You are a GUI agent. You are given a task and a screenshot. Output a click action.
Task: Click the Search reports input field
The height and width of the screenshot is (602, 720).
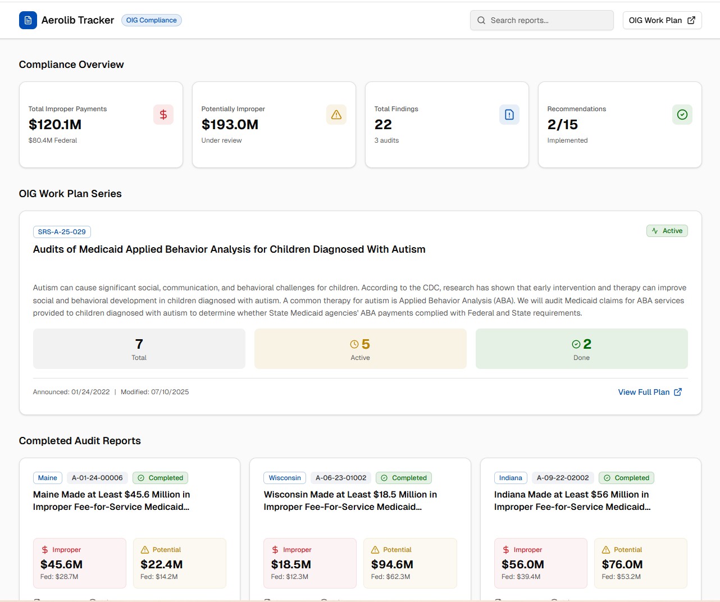point(541,20)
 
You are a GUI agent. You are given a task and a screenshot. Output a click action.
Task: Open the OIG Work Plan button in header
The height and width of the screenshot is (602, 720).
point(662,20)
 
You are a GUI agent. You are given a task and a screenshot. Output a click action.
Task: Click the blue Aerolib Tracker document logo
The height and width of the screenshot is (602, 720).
point(28,20)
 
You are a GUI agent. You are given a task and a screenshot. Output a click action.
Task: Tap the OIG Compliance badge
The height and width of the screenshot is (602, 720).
point(151,20)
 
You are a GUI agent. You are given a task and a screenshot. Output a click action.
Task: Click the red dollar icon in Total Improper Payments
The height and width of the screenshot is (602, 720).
point(163,115)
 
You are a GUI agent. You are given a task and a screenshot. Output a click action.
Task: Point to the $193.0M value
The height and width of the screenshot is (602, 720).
point(230,125)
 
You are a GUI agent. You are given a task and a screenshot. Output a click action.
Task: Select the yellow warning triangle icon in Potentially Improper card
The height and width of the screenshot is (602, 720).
point(336,115)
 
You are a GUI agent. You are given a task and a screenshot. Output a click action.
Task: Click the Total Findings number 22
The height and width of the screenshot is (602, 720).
point(383,125)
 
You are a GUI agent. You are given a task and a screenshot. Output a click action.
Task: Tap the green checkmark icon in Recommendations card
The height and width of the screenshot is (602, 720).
point(682,115)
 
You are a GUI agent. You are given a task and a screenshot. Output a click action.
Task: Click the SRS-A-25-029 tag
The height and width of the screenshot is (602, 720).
point(62,232)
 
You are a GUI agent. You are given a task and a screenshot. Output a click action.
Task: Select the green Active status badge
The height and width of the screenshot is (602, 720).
point(667,231)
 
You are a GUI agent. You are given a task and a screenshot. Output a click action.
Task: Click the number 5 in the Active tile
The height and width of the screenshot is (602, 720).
point(366,344)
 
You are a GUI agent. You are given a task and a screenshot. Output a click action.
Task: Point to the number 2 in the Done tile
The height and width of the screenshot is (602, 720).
point(587,344)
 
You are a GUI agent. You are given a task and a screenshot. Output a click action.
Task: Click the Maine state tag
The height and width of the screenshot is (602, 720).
point(48,478)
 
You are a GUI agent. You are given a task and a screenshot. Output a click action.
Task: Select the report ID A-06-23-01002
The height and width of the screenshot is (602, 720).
point(341,478)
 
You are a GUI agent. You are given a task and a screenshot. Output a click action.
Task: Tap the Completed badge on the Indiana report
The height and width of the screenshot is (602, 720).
point(626,478)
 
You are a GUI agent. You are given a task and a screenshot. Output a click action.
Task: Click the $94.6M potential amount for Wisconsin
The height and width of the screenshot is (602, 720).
point(392,564)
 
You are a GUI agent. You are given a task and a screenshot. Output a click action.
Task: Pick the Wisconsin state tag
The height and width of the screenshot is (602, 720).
point(285,478)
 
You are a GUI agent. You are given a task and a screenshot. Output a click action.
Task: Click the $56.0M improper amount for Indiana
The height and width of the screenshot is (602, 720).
point(522,564)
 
